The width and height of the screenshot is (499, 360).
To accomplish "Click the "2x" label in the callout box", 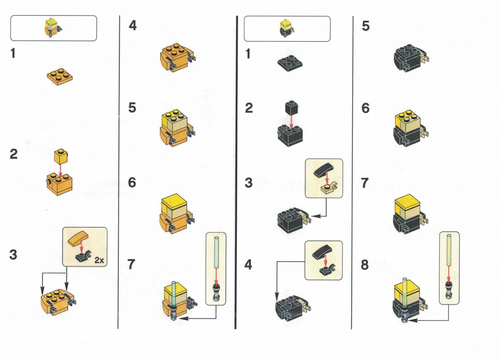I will pos(99,261).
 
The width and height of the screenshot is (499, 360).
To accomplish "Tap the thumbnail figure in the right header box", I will pos(286,28).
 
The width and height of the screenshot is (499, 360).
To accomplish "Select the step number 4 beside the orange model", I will pos(133,25).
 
